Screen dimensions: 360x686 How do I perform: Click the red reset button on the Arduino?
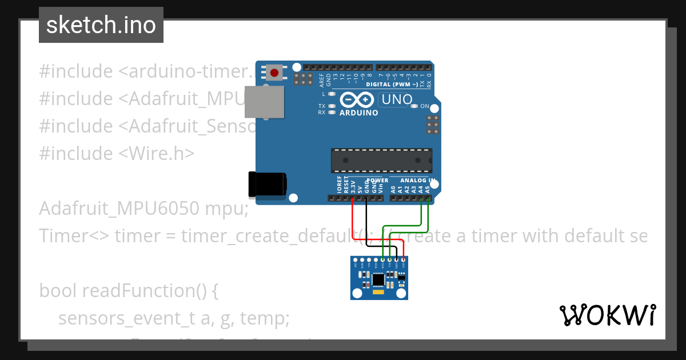tap(274, 73)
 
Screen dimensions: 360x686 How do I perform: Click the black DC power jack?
tap(266, 185)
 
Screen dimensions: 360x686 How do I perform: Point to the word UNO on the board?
tap(396, 99)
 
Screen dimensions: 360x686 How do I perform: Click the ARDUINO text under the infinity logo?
tap(359, 113)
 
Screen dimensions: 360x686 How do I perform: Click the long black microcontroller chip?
tap(381, 160)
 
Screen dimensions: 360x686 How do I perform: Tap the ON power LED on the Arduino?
tap(416, 106)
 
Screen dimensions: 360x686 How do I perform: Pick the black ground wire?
tap(366, 223)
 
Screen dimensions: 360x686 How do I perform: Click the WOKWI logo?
tap(608, 315)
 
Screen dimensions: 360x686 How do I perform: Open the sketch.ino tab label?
tap(101, 25)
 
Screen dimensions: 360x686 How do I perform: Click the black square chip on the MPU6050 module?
tap(378, 279)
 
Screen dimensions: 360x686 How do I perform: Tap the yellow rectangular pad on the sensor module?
tap(378, 292)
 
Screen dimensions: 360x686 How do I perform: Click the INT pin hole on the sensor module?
tap(355, 261)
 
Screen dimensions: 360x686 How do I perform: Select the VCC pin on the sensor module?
tap(403, 261)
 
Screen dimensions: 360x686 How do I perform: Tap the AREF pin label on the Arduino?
tap(322, 79)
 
